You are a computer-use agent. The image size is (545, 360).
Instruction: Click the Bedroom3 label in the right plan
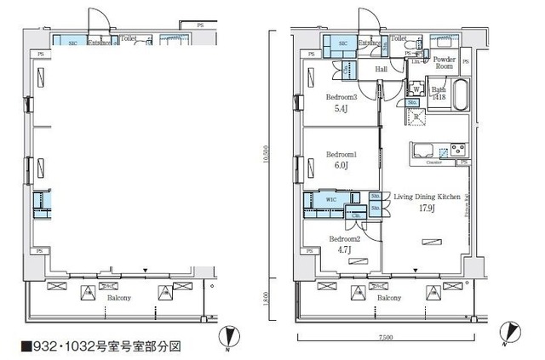click(x=341, y=98)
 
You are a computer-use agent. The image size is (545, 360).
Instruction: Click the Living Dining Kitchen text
click(x=427, y=196)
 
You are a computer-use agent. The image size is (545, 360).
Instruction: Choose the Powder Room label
click(x=444, y=61)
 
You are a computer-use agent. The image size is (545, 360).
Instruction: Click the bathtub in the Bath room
click(x=460, y=94)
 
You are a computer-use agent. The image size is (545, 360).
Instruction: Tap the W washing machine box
click(x=416, y=89)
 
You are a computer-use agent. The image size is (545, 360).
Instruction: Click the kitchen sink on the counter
click(x=424, y=151)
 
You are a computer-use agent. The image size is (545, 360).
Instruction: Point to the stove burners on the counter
click(x=459, y=151)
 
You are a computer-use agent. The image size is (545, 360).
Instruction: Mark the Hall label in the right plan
click(x=381, y=71)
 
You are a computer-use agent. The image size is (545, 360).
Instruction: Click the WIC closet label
click(x=332, y=199)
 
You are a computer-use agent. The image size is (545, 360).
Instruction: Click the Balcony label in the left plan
click(x=118, y=299)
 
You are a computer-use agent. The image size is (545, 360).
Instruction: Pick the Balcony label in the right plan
click(x=389, y=299)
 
